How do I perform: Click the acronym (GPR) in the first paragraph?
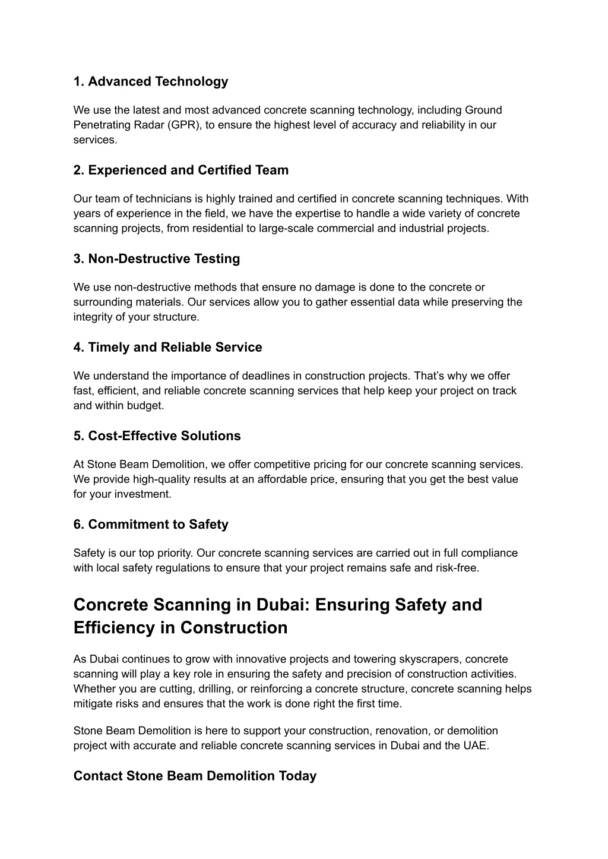[x=184, y=125]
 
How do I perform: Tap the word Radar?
[x=142, y=125]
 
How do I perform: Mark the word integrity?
[x=93, y=317]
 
